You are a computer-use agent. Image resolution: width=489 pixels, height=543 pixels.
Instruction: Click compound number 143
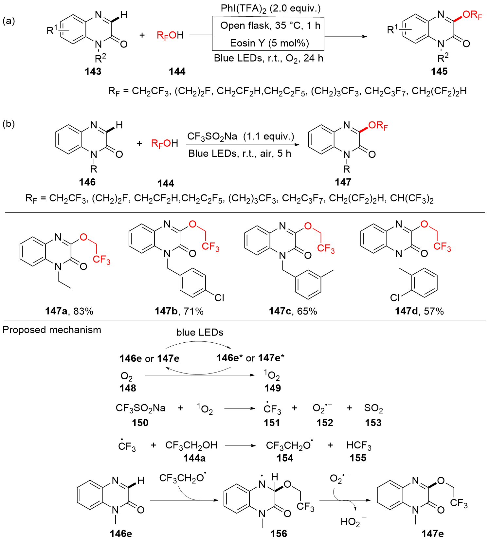click(93, 71)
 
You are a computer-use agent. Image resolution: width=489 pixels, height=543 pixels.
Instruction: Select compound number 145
click(439, 71)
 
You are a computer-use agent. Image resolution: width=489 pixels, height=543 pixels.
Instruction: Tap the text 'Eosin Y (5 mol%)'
click(269, 43)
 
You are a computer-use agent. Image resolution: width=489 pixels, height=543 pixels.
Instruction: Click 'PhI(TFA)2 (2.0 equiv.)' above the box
click(271, 9)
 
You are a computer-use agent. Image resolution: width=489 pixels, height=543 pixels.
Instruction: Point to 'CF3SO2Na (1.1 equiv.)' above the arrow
click(241, 136)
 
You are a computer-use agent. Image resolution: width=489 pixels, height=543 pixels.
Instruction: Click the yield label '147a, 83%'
click(69, 311)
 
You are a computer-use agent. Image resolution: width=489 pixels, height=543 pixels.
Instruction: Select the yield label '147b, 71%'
click(179, 311)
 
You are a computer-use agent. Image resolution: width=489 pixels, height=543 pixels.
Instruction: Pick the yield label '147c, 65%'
click(293, 311)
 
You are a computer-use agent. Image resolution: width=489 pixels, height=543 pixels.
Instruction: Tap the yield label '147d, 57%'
click(419, 311)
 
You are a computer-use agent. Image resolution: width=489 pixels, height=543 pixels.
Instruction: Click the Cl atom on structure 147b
click(219, 298)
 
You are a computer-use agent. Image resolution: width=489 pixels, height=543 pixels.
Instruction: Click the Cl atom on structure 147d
click(395, 298)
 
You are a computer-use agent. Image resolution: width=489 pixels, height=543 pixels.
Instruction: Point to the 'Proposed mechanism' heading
click(52, 330)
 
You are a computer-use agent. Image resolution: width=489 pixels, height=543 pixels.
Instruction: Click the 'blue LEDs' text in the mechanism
click(200, 333)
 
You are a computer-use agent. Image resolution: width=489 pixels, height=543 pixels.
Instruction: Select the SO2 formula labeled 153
click(373, 408)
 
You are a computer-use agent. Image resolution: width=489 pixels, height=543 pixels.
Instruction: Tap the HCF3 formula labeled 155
click(359, 445)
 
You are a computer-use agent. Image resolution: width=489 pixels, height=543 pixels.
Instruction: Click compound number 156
click(279, 534)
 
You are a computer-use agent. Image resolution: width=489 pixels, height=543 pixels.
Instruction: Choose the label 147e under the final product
click(433, 534)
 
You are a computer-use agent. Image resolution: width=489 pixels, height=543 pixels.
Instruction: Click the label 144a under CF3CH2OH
click(194, 458)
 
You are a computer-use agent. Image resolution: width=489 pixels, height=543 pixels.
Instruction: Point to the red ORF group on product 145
click(472, 15)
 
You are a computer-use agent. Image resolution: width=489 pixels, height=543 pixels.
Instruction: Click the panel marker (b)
click(9, 124)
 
